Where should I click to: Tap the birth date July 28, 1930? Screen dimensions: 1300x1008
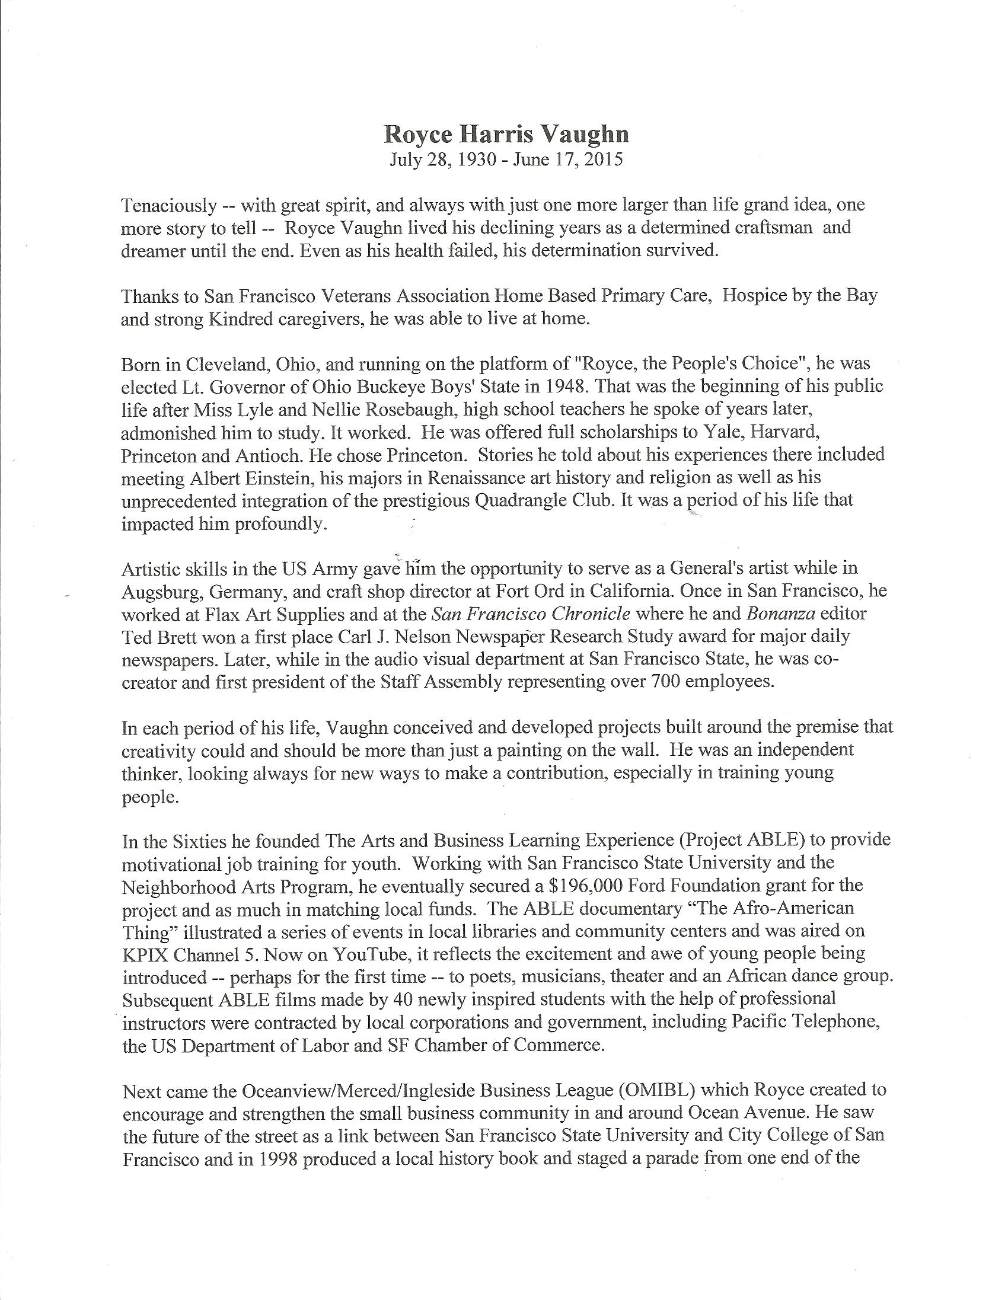(442, 160)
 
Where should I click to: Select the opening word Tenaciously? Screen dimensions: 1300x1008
(168, 205)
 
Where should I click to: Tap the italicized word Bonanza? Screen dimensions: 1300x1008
(782, 613)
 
